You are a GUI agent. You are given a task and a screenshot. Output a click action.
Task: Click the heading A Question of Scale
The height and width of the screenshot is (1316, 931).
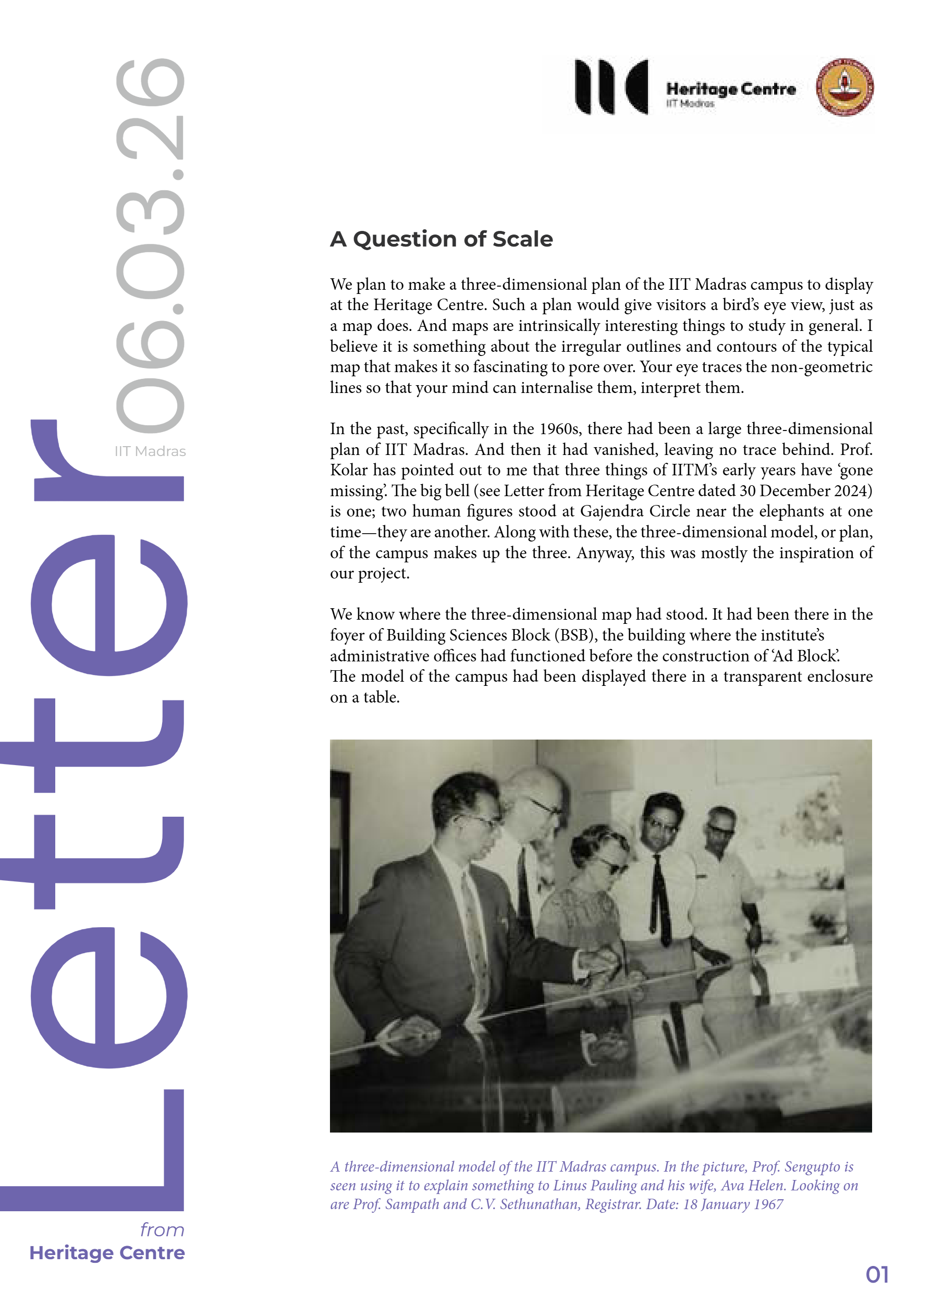click(x=441, y=239)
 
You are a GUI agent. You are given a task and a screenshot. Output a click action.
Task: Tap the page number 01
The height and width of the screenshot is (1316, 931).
click(x=877, y=1274)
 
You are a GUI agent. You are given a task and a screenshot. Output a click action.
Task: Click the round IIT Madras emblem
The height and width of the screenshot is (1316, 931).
click(x=844, y=87)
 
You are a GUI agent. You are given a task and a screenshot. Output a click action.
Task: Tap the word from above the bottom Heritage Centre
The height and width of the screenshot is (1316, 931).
click(x=162, y=1230)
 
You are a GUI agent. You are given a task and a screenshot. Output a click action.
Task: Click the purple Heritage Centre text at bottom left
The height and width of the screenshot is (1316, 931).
click(x=107, y=1253)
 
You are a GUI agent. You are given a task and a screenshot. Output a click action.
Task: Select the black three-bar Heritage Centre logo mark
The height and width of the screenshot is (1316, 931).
click(x=611, y=87)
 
